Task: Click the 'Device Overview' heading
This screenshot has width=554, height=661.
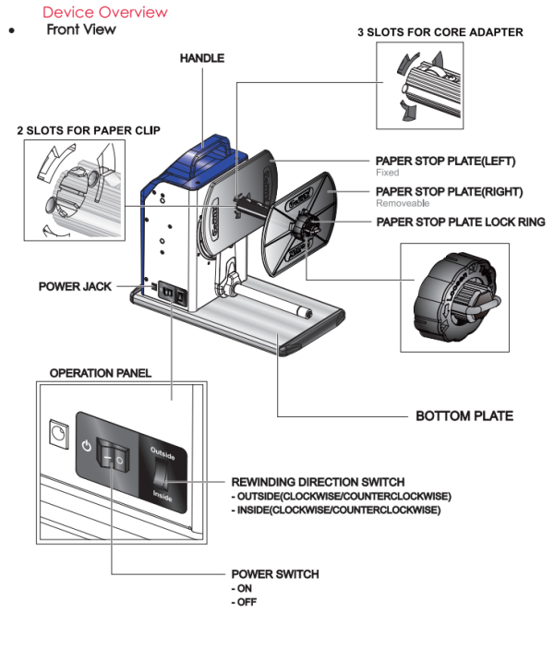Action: tap(105, 12)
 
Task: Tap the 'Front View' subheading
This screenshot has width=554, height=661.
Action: tap(81, 30)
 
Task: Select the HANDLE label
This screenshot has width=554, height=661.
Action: tap(202, 58)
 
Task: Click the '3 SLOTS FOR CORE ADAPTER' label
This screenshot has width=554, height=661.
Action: tap(440, 32)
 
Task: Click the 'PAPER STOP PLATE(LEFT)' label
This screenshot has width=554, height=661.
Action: tap(445, 161)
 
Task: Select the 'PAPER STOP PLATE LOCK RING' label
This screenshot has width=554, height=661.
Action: tap(460, 222)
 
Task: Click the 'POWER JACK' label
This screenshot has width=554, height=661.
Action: tap(75, 287)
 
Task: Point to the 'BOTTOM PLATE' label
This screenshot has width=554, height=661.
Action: tap(464, 416)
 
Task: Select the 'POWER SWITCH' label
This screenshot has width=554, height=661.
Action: tap(274, 574)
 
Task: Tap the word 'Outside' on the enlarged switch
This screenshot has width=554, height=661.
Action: tap(163, 451)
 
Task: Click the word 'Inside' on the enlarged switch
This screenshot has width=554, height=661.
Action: tap(163, 496)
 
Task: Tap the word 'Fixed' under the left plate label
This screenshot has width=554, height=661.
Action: tap(387, 173)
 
